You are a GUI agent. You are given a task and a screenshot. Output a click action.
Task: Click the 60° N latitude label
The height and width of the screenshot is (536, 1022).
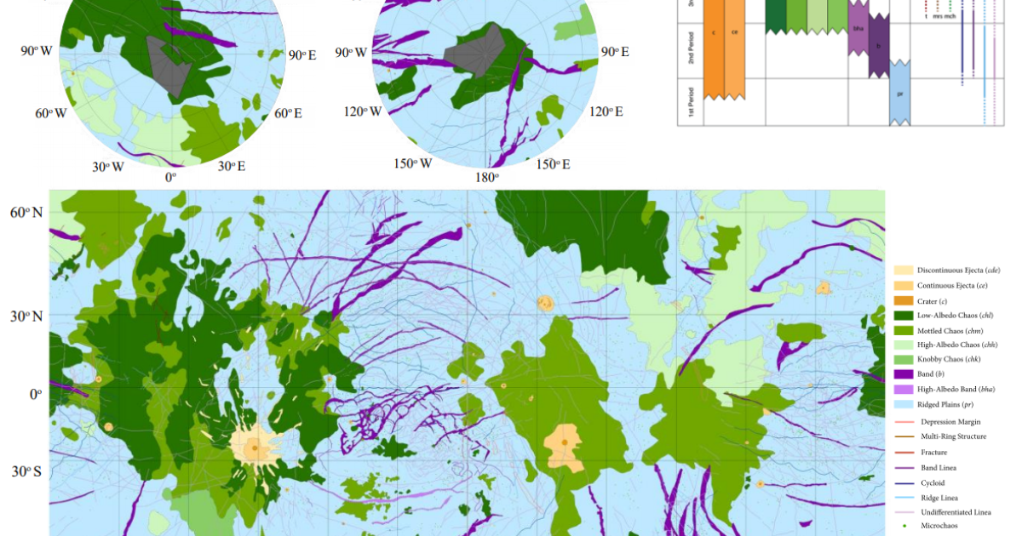pos(26,212)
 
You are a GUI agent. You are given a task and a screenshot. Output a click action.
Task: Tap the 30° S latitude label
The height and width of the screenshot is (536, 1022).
pos(26,471)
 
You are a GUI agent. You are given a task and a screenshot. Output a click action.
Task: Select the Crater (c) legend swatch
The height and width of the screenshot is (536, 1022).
pos(903,301)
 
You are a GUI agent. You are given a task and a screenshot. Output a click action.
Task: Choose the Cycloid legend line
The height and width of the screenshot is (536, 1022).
pos(903,482)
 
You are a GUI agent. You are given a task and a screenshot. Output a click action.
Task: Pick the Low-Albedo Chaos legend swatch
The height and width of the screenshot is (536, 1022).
pos(903,316)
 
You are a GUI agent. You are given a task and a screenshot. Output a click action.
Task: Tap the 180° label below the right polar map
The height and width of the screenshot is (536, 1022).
pos(486,177)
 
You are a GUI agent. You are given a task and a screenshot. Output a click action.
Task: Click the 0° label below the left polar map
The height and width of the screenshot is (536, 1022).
pos(170,177)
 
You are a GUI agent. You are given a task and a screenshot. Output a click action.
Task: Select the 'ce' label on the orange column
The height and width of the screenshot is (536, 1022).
pos(735,33)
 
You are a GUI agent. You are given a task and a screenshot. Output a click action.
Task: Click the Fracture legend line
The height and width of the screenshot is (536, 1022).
pos(903,452)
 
